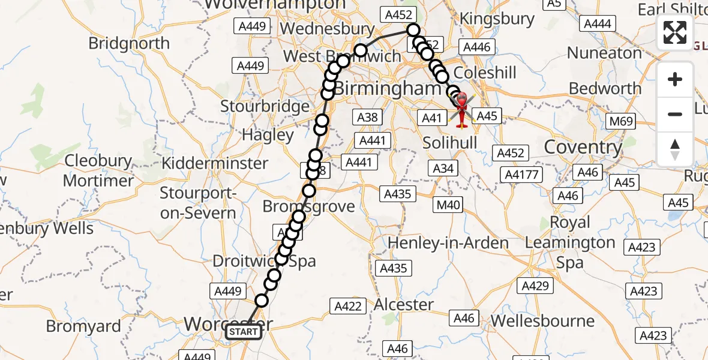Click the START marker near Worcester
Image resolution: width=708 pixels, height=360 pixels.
click(244, 332)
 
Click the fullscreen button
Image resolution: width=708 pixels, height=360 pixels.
click(675, 32)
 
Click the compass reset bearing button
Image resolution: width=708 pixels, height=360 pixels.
click(675, 149)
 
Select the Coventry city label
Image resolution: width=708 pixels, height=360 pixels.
click(583, 148)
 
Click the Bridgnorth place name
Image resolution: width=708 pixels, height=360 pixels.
click(129, 43)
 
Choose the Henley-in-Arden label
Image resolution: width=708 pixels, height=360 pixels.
click(448, 243)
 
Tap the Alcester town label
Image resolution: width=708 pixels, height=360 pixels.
click(404, 305)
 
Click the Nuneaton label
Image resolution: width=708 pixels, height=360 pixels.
click(604, 53)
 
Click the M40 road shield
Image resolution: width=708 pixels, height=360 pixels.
click(449, 205)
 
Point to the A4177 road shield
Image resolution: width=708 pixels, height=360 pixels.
click(523, 175)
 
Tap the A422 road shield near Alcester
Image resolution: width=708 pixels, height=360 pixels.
click(348, 307)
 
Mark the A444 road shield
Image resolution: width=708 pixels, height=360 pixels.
click(598, 23)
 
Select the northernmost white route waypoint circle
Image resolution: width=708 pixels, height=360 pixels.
click(413, 30)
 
